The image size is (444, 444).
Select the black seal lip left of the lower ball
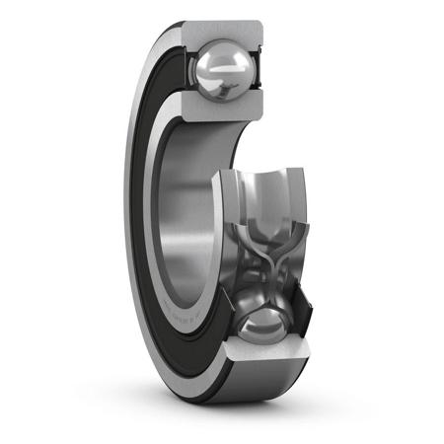225,326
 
